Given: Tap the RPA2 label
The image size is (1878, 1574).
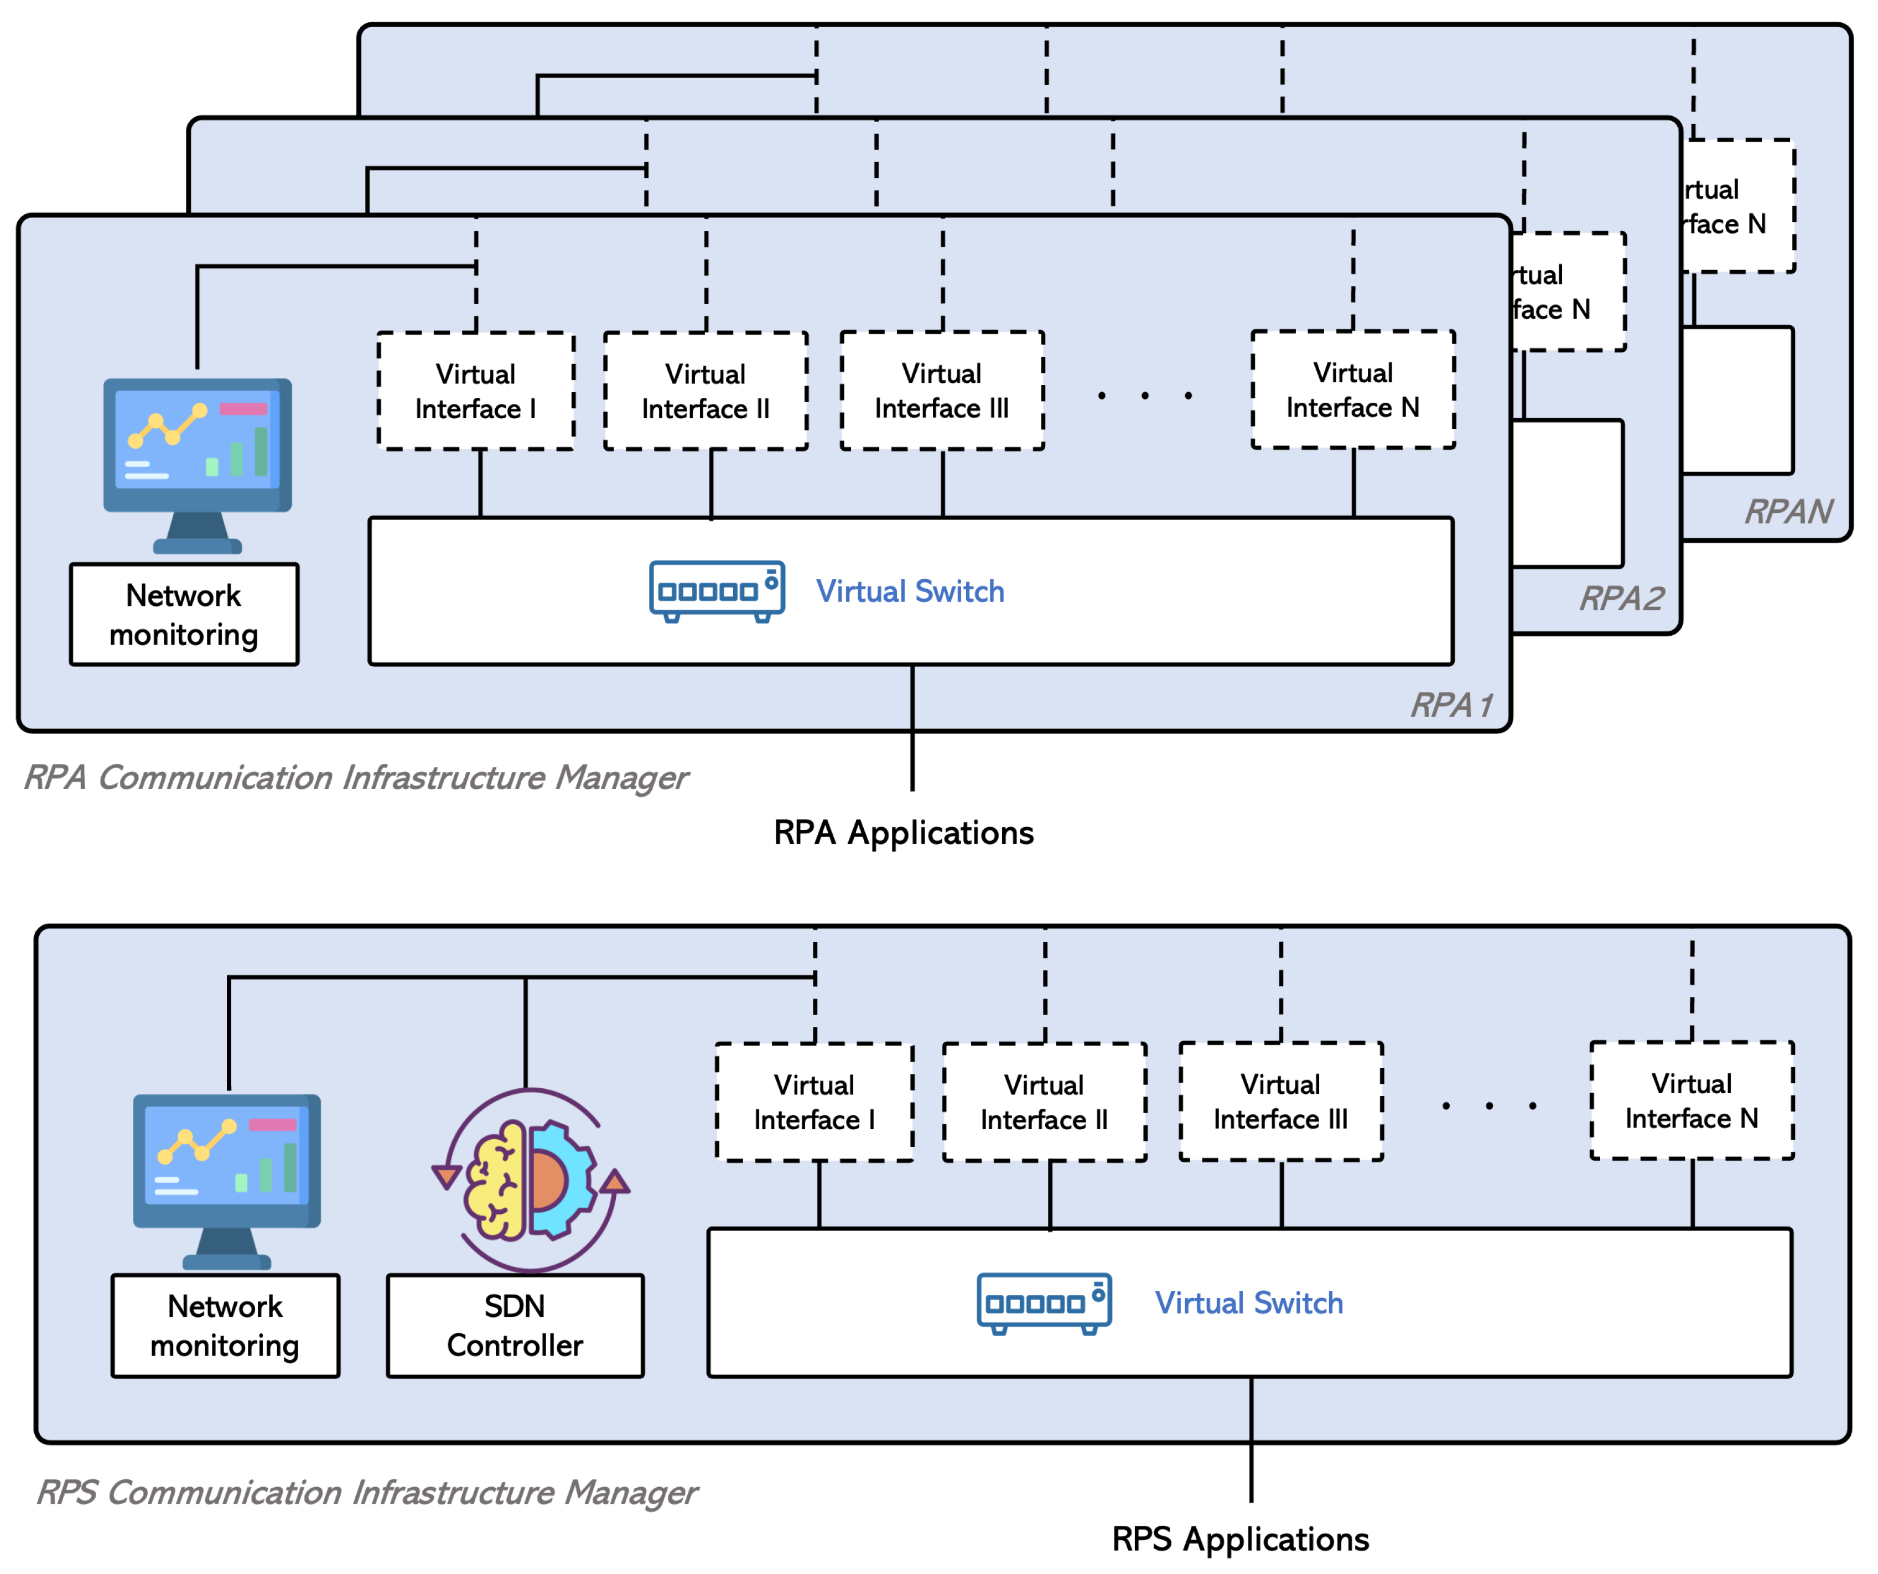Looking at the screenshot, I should [1621, 598].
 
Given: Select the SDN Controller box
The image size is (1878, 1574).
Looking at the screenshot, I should [515, 1326].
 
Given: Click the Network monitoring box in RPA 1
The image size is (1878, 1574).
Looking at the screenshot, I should [184, 615].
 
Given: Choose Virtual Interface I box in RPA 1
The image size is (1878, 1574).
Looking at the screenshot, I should [476, 391].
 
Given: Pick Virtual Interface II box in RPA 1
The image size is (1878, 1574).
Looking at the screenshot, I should [705, 391].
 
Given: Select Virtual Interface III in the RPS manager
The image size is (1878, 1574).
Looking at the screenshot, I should [1280, 1102].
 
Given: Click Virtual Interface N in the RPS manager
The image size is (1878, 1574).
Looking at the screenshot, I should [1691, 1101].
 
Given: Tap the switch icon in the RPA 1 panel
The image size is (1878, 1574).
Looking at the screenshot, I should [717, 591].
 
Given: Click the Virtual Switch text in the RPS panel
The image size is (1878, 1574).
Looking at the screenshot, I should [1248, 1303].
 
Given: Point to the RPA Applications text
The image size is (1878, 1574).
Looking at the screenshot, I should [903, 833].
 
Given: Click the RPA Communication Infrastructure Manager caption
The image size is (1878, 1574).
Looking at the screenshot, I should [356, 778].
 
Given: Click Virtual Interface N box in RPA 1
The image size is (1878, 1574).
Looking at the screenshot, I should [1352, 390].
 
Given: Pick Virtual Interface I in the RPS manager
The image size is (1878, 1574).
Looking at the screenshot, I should [814, 1102].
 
